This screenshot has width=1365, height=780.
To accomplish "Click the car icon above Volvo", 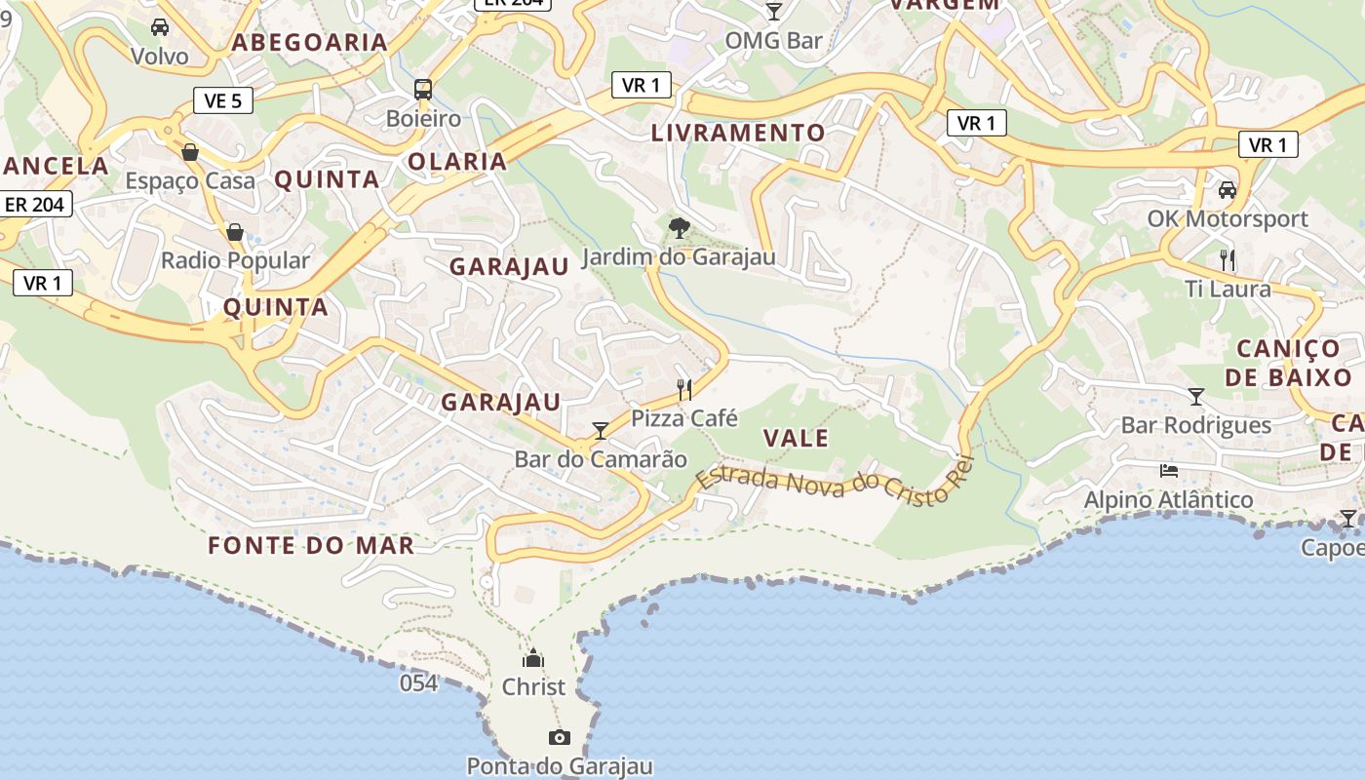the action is pyautogui.click(x=160, y=27).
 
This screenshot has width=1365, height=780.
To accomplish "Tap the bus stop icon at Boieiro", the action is pyautogui.click(x=423, y=90).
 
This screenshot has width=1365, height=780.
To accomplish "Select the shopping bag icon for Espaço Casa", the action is pyautogui.click(x=190, y=152).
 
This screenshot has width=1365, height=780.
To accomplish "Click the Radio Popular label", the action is pyautogui.click(x=235, y=260).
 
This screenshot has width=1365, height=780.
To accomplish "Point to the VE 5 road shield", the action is pyautogui.click(x=223, y=99).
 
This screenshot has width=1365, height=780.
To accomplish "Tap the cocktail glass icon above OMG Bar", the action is pyautogui.click(x=774, y=12).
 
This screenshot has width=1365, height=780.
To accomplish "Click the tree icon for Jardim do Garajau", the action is pyautogui.click(x=679, y=228).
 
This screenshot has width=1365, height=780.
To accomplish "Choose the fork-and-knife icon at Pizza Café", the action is pyautogui.click(x=684, y=390).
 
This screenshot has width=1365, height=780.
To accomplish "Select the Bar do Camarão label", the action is pyautogui.click(x=601, y=459).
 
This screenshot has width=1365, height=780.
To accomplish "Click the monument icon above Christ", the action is pyautogui.click(x=533, y=658).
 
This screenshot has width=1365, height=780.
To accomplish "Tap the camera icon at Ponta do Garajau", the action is pyautogui.click(x=559, y=737).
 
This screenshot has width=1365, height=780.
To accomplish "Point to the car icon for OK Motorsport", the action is pyautogui.click(x=1227, y=189).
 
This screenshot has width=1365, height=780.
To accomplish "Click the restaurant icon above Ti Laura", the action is pyautogui.click(x=1228, y=260).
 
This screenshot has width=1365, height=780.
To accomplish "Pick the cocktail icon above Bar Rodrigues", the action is pyautogui.click(x=1196, y=396).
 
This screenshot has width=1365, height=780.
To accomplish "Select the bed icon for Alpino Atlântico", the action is pyautogui.click(x=1169, y=471).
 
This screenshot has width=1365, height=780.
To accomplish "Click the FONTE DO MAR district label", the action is pyautogui.click(x=311, y=545).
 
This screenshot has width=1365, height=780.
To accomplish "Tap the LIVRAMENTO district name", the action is pyautogui.click(x=738, y=133).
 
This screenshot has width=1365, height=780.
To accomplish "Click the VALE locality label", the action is pyautogui.click(x=797, y=438).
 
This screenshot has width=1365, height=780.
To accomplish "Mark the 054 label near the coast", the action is pyautogui.click(x=418, y=683).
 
